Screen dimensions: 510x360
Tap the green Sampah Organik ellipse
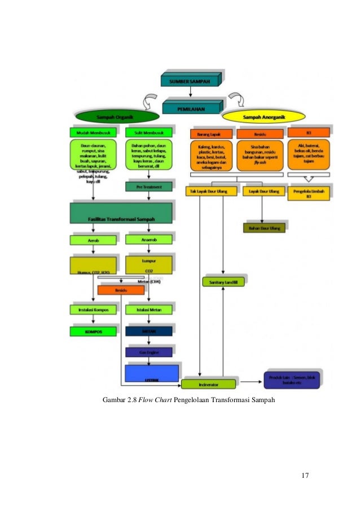(x=117, y=117)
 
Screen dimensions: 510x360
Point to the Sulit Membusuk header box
(x=148, y=133)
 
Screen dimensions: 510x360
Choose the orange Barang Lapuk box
(x=208, y=134)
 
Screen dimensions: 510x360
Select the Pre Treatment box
(x=148, y=186)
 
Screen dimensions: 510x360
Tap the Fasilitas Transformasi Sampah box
(x=121, y=213)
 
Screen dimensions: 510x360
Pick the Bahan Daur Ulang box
(x=264, y=228)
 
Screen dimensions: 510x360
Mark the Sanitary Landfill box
(x=223, y=281)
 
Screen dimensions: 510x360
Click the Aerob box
(x=93, y=240)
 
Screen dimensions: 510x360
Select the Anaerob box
(x=148, y=239)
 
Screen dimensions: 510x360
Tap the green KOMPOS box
(x=93, y=332)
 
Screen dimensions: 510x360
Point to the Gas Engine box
(x=148, y=352)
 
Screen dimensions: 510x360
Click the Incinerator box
(x=208, y=385)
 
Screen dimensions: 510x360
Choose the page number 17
(x=305, y=475)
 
